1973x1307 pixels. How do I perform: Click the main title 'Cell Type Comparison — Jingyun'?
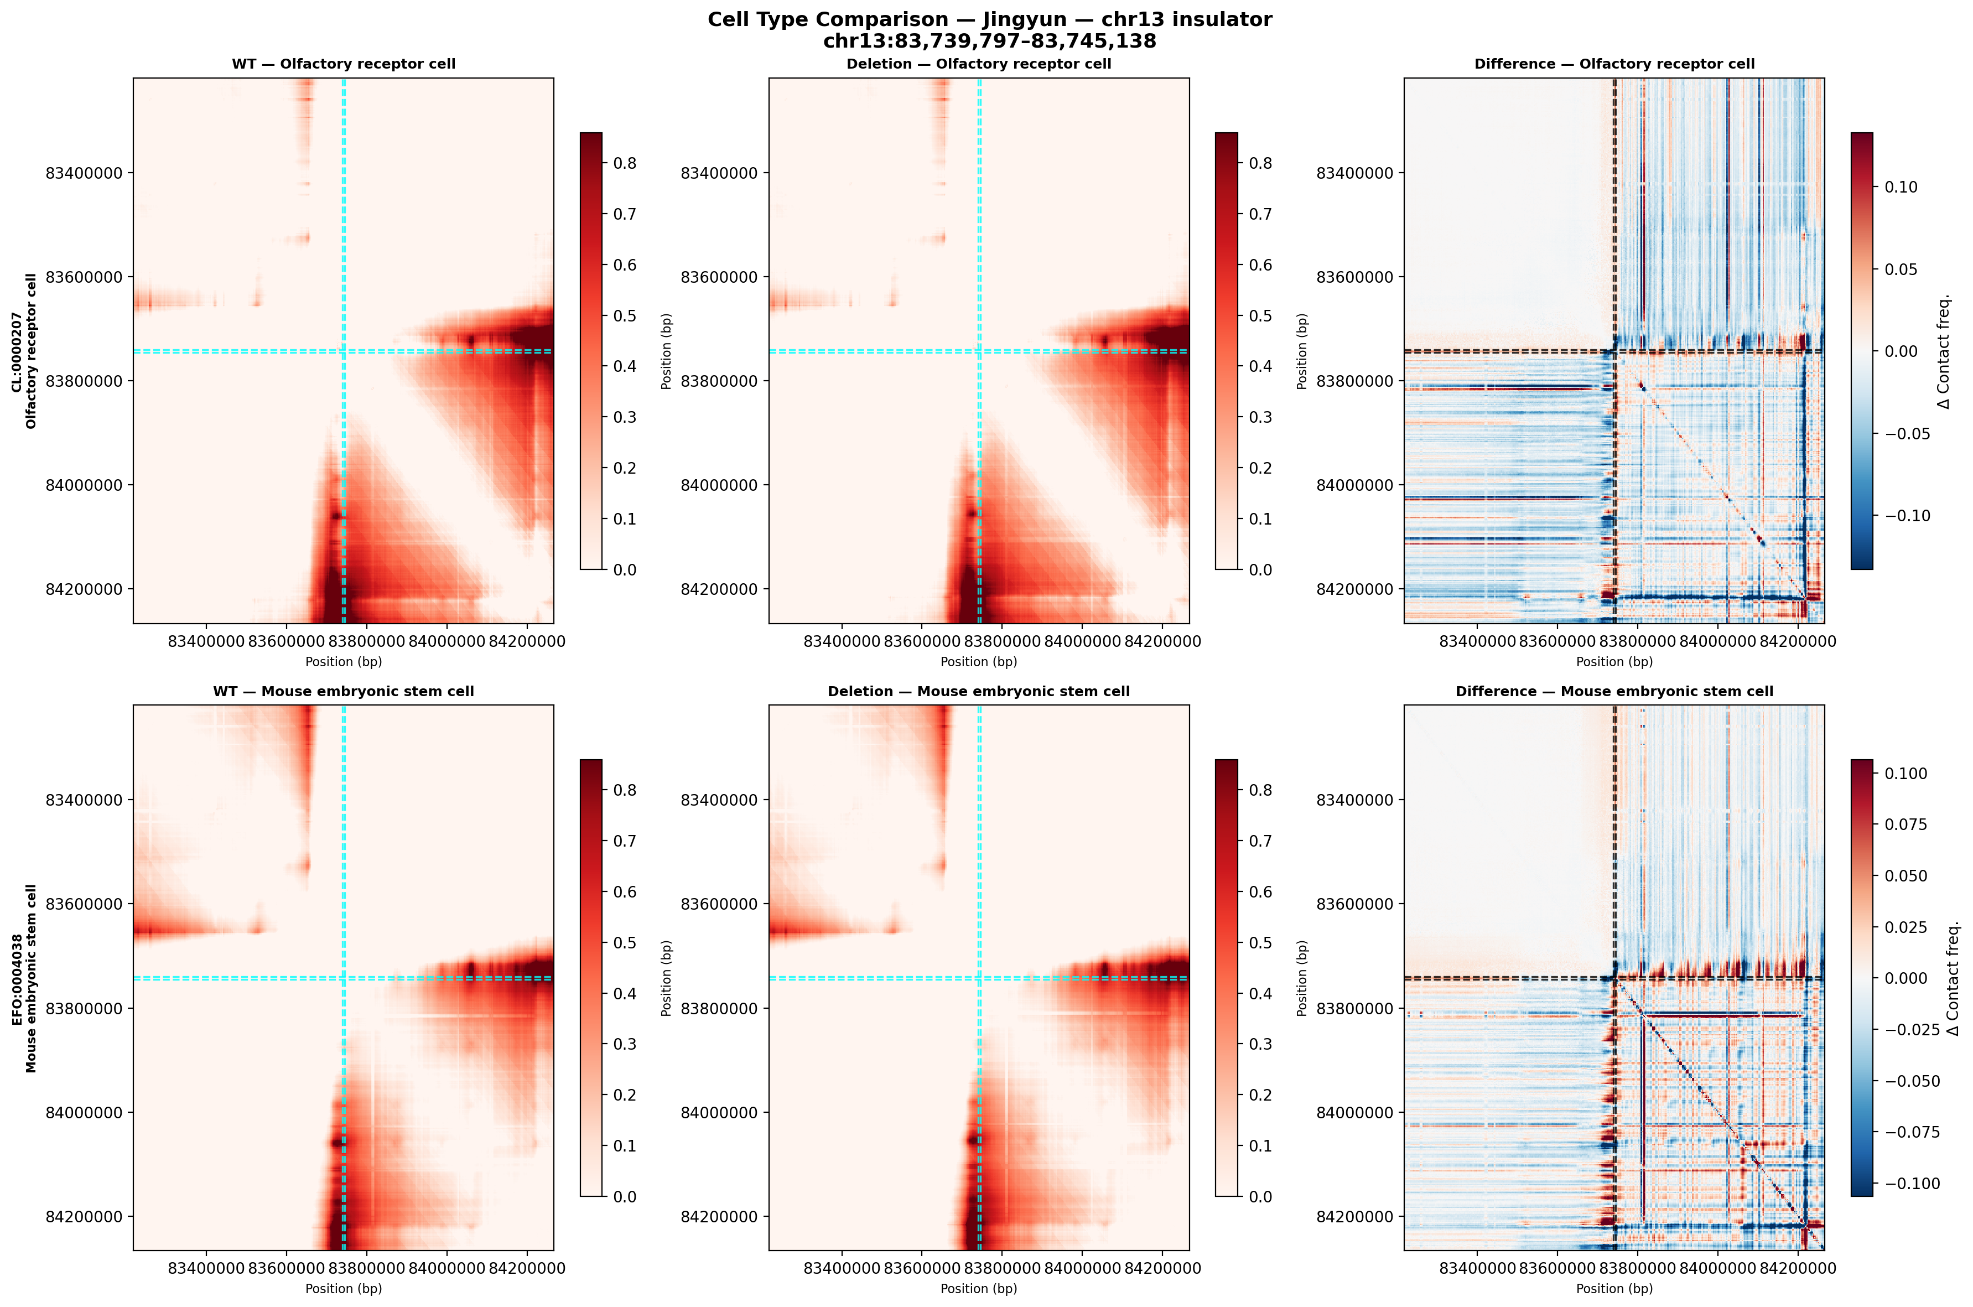coord(989,20)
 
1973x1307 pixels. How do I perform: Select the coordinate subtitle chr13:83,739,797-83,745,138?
coord(989,42)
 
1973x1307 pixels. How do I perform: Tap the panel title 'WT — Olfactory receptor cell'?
coord(343,64)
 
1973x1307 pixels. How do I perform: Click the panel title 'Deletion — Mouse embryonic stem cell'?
coord(978,691)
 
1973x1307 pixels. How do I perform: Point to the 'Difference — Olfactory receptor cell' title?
coord(1614,64)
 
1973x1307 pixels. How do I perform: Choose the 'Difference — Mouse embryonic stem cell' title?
coord(1614,691)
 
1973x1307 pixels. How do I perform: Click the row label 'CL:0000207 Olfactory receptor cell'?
coord(24,351)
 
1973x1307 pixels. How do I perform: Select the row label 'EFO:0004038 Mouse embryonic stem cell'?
coord(24,978)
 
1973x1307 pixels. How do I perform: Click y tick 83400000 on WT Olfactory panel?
coord(84,173)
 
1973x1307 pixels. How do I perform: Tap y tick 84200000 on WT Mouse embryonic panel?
coord(84,1216)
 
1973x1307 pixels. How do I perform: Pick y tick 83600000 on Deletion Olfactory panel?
coord(719,277)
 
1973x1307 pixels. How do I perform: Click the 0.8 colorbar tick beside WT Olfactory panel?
coord(625,163)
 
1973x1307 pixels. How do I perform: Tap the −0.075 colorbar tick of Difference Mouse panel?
coord(1912,1132)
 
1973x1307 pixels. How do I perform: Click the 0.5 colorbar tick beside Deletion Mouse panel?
coord(1260,943)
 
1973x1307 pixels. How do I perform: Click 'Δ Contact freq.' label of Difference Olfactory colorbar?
coord(1943,351)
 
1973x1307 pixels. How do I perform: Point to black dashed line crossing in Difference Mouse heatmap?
coord(1614,978)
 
